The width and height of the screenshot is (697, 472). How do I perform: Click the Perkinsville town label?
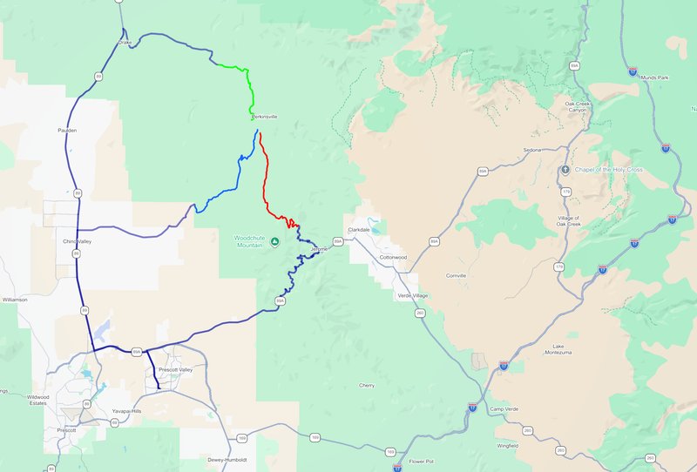[x=264, y=116]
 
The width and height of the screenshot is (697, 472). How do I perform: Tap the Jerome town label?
[x=319, y=249]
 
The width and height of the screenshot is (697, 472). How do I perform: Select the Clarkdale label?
[x=359, y=230]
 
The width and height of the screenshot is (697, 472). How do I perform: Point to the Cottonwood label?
[x=391, y=258]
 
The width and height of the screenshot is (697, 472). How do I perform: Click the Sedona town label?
[x=532, y=150]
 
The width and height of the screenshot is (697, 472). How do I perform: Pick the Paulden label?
[x=67, y=131]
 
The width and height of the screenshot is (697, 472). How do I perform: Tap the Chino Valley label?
[x=78, y=241]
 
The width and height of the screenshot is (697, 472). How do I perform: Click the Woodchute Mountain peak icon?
[x=274, y=241]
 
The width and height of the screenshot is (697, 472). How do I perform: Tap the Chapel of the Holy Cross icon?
[x=565, y=169]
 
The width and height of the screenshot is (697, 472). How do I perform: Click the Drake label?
[x=124, y=42]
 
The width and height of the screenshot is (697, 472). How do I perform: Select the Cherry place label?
[x=366, y=385]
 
